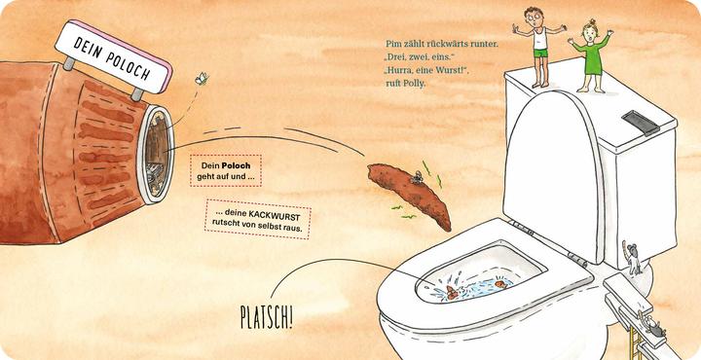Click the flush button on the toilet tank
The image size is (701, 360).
[x=639, y=121]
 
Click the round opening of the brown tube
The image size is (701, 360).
[x=156, y=155]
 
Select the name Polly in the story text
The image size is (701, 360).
[x=414, y=84]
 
